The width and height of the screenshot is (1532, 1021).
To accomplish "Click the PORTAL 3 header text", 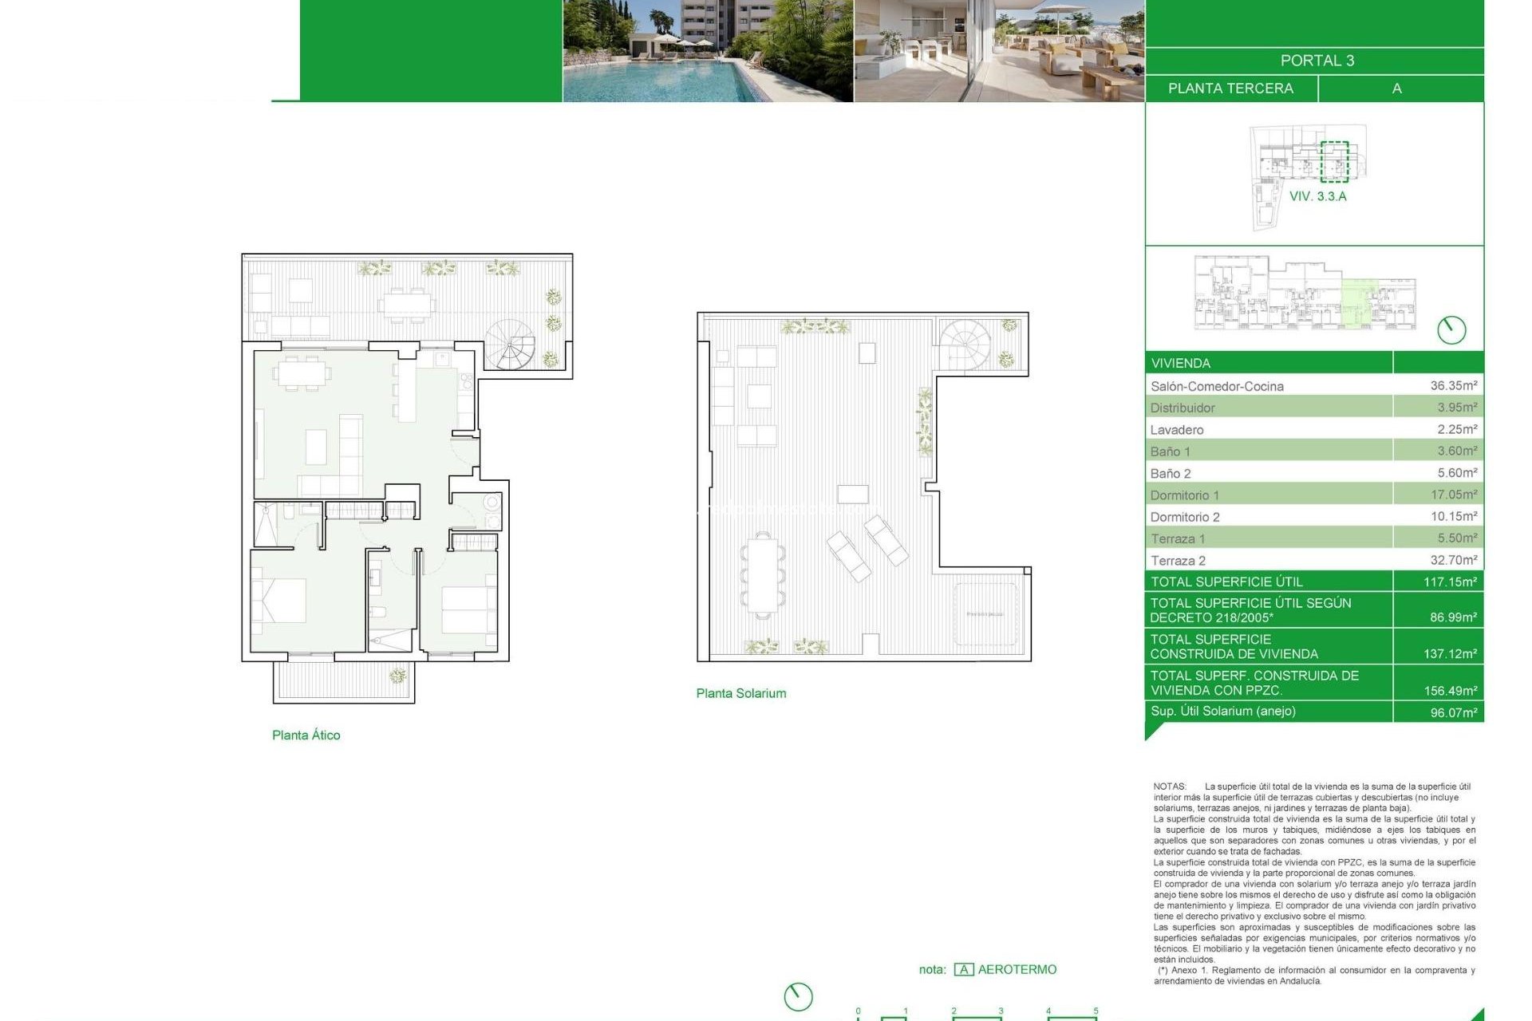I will point(1317,61).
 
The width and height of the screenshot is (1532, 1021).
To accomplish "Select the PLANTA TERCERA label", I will point(1230,89).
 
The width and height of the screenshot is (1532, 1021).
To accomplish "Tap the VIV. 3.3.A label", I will point(1317,196).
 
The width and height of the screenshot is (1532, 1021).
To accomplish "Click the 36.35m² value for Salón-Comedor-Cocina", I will point(1453,385).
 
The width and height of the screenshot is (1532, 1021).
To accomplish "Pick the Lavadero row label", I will point(1176,430).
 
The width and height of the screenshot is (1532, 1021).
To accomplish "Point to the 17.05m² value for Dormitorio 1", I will point(1453,495).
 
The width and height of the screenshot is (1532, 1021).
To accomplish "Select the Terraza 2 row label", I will point(1178,561).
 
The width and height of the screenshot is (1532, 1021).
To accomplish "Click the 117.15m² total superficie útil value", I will point(1450,582).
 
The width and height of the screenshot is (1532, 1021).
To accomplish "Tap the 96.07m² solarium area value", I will point(1453,712).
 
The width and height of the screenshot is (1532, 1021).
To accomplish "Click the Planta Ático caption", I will point(306,735).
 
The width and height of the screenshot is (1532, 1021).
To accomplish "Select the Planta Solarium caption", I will point(740,694).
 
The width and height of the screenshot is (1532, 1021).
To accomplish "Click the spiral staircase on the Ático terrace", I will point(511,345).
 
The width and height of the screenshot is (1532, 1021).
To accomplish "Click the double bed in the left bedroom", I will point(279,600).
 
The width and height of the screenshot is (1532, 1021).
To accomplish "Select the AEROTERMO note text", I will point(1017,969).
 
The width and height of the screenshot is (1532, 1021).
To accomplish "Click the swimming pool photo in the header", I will point(707,51).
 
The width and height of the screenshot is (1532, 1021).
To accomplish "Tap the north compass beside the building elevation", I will point(1451,329).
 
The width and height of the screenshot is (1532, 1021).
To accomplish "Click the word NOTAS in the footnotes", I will point(1170,786).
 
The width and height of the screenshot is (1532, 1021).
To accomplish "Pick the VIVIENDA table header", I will point(1180,364).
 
